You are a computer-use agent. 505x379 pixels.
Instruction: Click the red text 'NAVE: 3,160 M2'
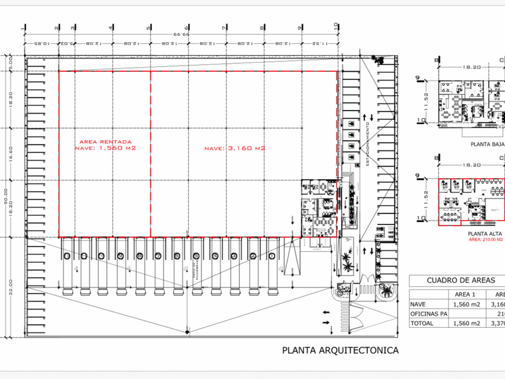coord(234,149)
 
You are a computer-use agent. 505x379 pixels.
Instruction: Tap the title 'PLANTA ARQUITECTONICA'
coord(340,350)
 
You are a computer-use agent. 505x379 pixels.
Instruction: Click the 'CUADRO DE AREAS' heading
coord(461,280)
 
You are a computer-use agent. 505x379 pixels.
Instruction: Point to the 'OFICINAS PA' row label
coord(429,314)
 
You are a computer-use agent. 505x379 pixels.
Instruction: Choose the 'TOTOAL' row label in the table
coord(423,324)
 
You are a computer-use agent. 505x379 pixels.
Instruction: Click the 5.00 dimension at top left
coord(10,63)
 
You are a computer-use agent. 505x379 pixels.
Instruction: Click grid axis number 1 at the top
coord(25,26)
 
